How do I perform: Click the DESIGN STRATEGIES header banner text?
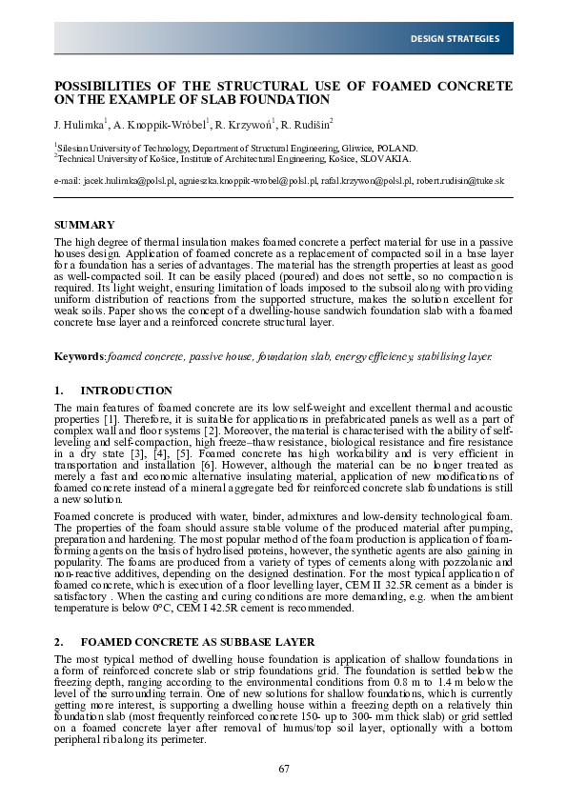tap(455, 39)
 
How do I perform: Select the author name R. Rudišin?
tap(305, 124)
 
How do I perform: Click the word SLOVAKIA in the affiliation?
tap(383, 159)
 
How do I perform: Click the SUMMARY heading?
tap(83, 225)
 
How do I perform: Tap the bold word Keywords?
tap(79, 356)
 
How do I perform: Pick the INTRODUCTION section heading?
tap(127, 391)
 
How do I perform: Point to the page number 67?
tap(284, 769)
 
